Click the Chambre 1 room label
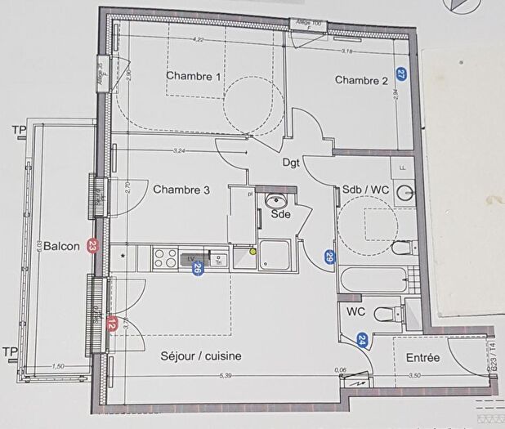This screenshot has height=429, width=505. [x=194, y=76]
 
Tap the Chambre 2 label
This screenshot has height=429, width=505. [x=361, y=80]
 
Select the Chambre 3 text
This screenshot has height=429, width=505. [x=181, y=190]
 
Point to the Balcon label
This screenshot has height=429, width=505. [x=61, y=246]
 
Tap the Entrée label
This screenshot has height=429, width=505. [x=422, y=358]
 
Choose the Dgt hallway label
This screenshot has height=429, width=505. [x=292, y=163]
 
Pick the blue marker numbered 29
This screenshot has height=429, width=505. [x=329, y=257]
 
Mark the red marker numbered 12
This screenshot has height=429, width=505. [x=112, y=324]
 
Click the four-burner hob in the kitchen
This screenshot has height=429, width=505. [x=166, y=258]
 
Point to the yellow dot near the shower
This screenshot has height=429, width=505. [x=253, y=252]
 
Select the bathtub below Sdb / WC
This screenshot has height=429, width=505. [x=375, y=279]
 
